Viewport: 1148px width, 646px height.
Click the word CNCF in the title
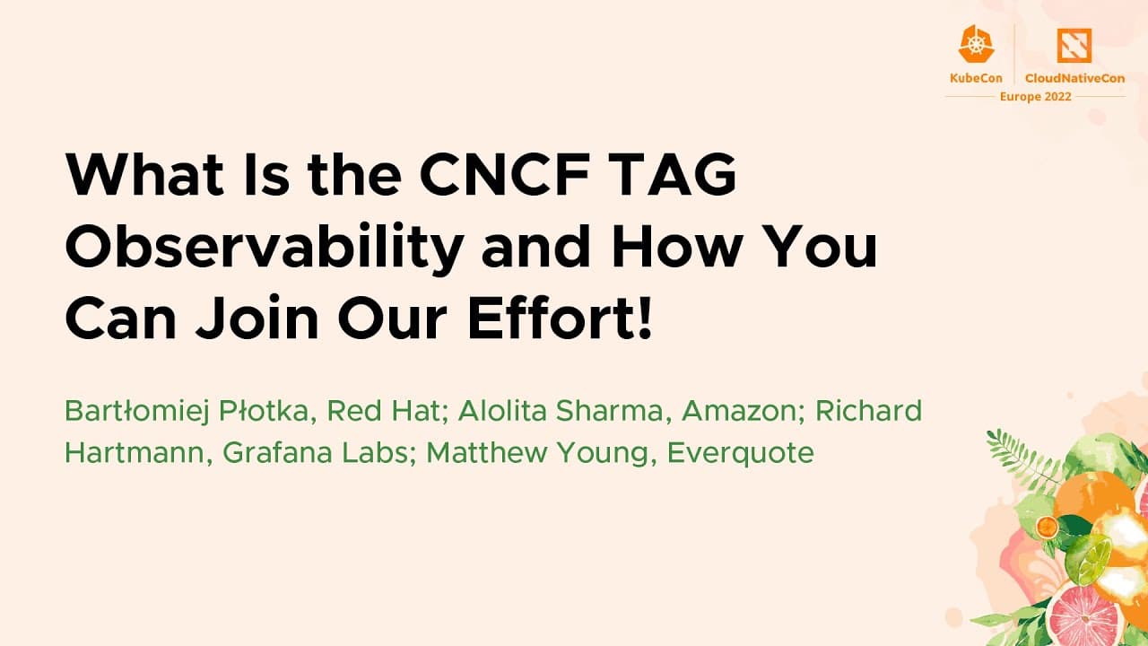(505, 174)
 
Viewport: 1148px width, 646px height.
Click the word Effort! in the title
(560, 317)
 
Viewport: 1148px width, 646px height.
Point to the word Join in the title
(257, 318)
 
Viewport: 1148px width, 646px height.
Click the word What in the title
(144, 174)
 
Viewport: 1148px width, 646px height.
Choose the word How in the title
(677, 246)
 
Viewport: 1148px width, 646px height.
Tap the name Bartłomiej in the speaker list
(136, 412)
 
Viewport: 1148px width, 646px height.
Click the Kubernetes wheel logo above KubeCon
(976, 44)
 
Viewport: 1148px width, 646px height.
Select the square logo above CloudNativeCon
(1074, 45)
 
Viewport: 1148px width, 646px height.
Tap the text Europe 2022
(1035, 97)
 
